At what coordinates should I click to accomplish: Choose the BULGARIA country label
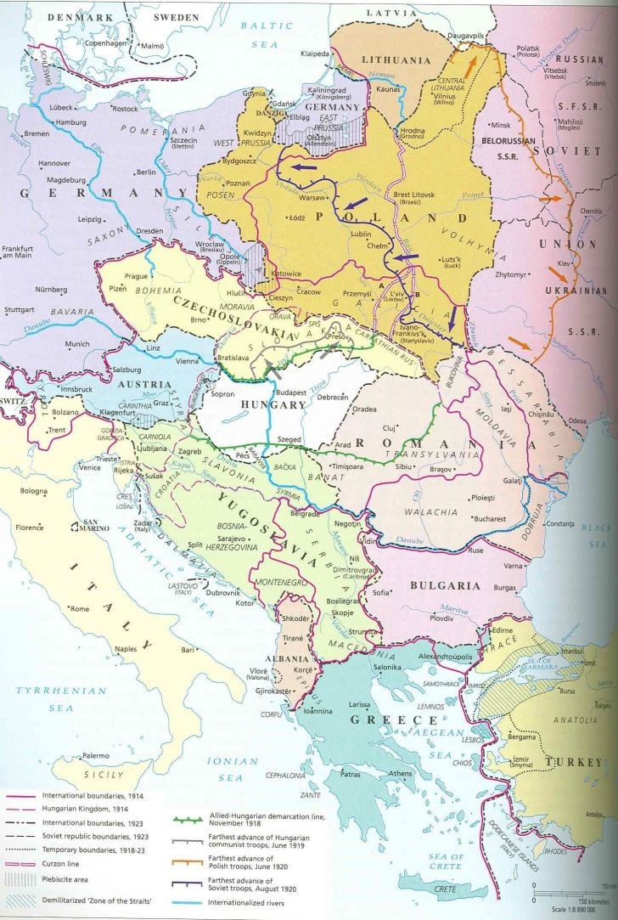pos(447,585)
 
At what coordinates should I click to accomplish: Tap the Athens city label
pos(400,773)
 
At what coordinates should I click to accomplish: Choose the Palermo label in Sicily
pos(95,755)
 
